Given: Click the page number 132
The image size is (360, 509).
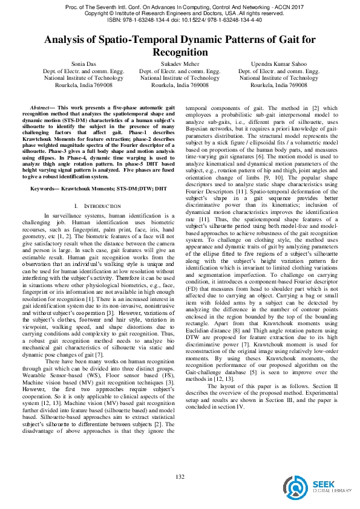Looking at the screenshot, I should [180, 478].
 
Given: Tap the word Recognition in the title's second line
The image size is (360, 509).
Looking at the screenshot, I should [180, 52].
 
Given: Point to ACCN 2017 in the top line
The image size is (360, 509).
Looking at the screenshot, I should [282, 6].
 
